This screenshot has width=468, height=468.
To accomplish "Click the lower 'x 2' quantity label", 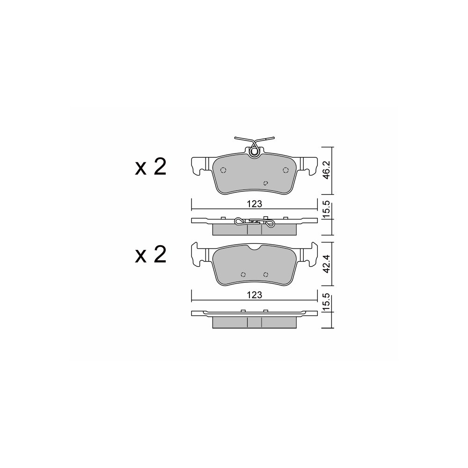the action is pyautogui.click(x=151, y=255).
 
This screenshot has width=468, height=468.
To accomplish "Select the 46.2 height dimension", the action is pyautogui.click(x=327, y=170).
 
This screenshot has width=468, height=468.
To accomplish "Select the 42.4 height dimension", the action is pyautogui.click(x=327, y=264).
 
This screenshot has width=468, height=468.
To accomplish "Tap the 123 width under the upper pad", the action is pyautogui.click(x=254, y=204).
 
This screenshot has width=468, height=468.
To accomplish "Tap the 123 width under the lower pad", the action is pyautogui.click(x=254, y=295).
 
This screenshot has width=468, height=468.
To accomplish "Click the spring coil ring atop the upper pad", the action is pyautogui.click(x=254, y=152).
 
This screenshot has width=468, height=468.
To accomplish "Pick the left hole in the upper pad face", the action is pyautogui.click(x=223, y=170).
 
